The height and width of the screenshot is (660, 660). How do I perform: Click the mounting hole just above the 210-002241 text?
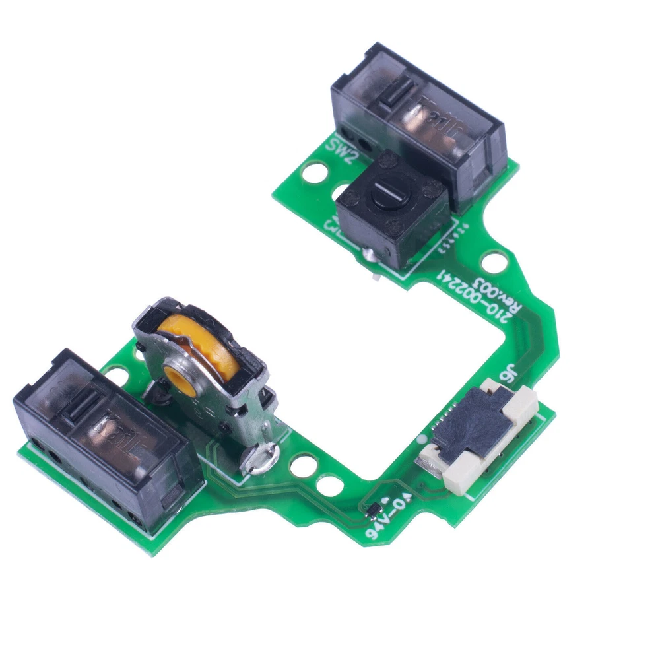pyautogui.click(x=489, y=262)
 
